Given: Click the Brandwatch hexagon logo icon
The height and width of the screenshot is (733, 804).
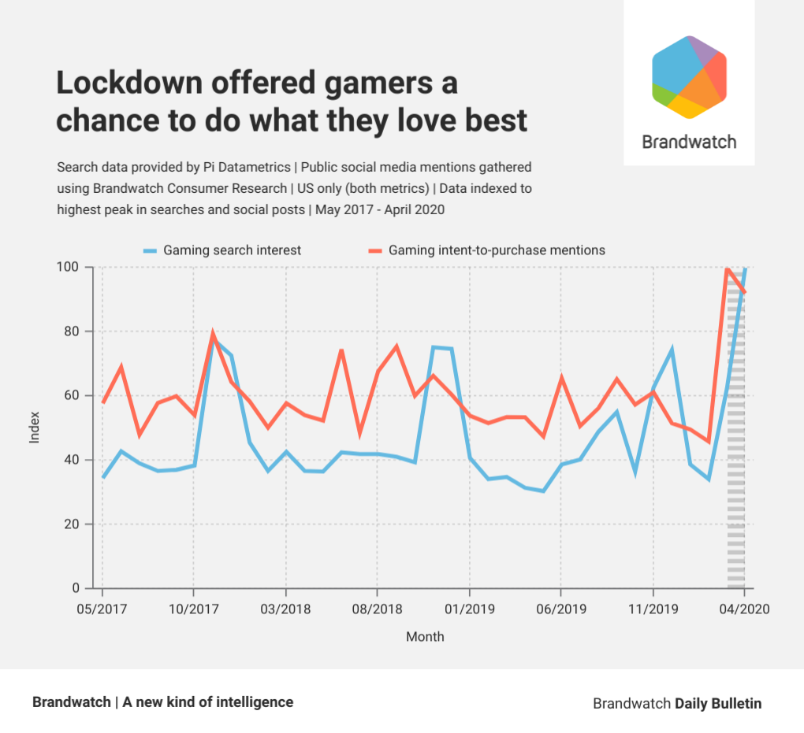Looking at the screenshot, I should pos(689,77).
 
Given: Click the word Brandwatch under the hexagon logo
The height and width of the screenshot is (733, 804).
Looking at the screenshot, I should pos(689,142).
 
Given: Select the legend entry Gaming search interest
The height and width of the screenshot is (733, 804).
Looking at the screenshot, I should pos(232,250).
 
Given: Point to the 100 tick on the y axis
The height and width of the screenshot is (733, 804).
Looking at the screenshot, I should pos(70,267).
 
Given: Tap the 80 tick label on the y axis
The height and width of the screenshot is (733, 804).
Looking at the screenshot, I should pos(73,331).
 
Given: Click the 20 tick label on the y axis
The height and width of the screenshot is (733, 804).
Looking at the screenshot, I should pos(73,524).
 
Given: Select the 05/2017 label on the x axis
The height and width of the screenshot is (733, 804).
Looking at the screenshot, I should pos(102,609).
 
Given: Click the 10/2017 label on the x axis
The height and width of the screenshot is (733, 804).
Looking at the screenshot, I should pos(193,609).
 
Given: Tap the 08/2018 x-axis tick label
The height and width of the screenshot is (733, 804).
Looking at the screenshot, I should pos(377,609).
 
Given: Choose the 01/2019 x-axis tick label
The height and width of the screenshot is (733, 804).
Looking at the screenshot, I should pos(469,609).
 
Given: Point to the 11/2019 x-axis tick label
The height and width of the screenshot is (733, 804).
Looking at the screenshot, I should pos(653,609).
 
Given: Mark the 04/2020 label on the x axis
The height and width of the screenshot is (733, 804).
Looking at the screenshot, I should pos(744,609).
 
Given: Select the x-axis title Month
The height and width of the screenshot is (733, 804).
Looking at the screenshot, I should pos(425,636).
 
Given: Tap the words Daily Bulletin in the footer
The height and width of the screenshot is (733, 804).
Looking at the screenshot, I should pos(718,703).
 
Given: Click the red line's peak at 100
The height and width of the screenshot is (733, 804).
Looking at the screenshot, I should pos(726,268).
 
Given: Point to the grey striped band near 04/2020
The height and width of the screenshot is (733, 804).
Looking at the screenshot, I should pos(735,472).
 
